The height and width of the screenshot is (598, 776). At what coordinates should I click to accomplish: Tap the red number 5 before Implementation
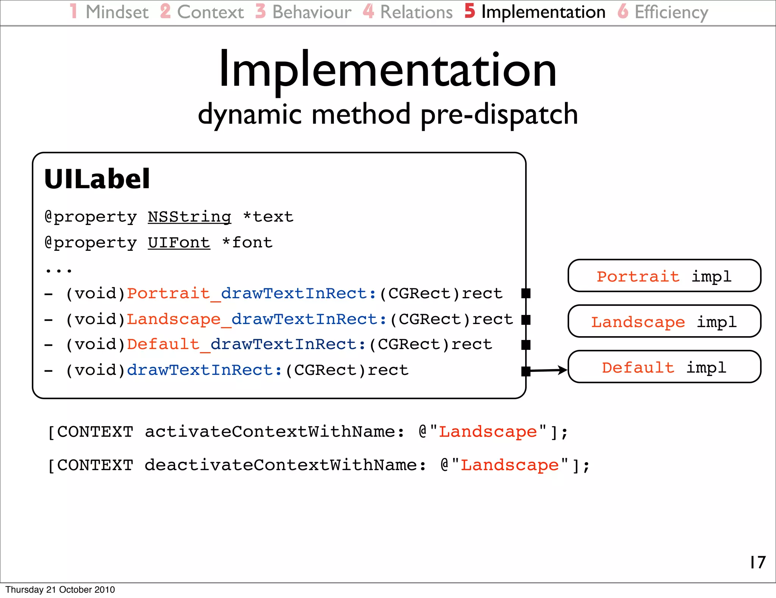click(469, 11)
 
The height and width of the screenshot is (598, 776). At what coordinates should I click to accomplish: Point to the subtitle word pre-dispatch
click(499, 115)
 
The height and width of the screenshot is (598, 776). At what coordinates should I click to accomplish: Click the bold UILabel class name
click(97, 179)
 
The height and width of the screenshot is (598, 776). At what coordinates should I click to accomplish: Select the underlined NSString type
click(189, 217)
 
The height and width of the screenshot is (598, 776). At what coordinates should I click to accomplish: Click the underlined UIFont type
click(179, 243)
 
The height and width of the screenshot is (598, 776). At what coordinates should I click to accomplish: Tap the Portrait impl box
click(664, 276)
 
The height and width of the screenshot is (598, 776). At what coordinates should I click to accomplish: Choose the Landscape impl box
click(664, 321)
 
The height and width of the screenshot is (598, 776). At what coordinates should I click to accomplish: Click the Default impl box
click(664, 367)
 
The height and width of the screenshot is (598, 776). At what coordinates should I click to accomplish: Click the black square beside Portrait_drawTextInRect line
click(526, 293)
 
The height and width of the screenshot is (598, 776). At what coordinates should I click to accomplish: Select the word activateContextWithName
click(270, 432)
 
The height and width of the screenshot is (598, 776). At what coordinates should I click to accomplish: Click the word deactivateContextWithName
click(280, 465)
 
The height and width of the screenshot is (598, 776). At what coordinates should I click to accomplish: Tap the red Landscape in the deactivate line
click(510, 465)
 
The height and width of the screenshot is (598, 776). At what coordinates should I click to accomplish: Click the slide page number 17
click(757, 562)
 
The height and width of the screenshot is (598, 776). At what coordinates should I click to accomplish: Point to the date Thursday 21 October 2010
click(60, 590)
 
